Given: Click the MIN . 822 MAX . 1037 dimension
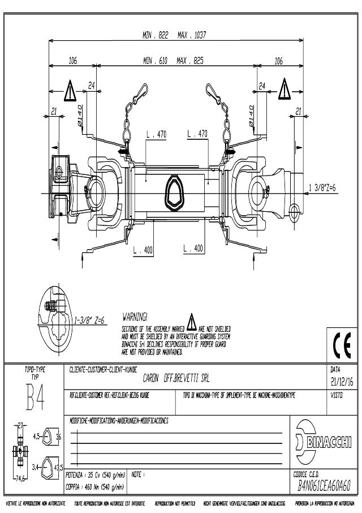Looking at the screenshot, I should [x=174, y=35].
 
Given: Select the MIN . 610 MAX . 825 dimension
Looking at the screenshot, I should [x=174, y=60].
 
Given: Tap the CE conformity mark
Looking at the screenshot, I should [x=341, y=343].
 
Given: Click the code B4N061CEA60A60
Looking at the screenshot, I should [x=325, y=486].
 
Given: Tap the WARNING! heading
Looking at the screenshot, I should [x=135, y=316].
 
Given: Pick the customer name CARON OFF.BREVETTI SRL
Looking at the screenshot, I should [x=176, y=378].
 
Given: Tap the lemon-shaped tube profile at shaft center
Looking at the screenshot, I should [x=173, y=191].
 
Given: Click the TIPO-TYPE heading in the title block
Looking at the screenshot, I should [x=35, y=370].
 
